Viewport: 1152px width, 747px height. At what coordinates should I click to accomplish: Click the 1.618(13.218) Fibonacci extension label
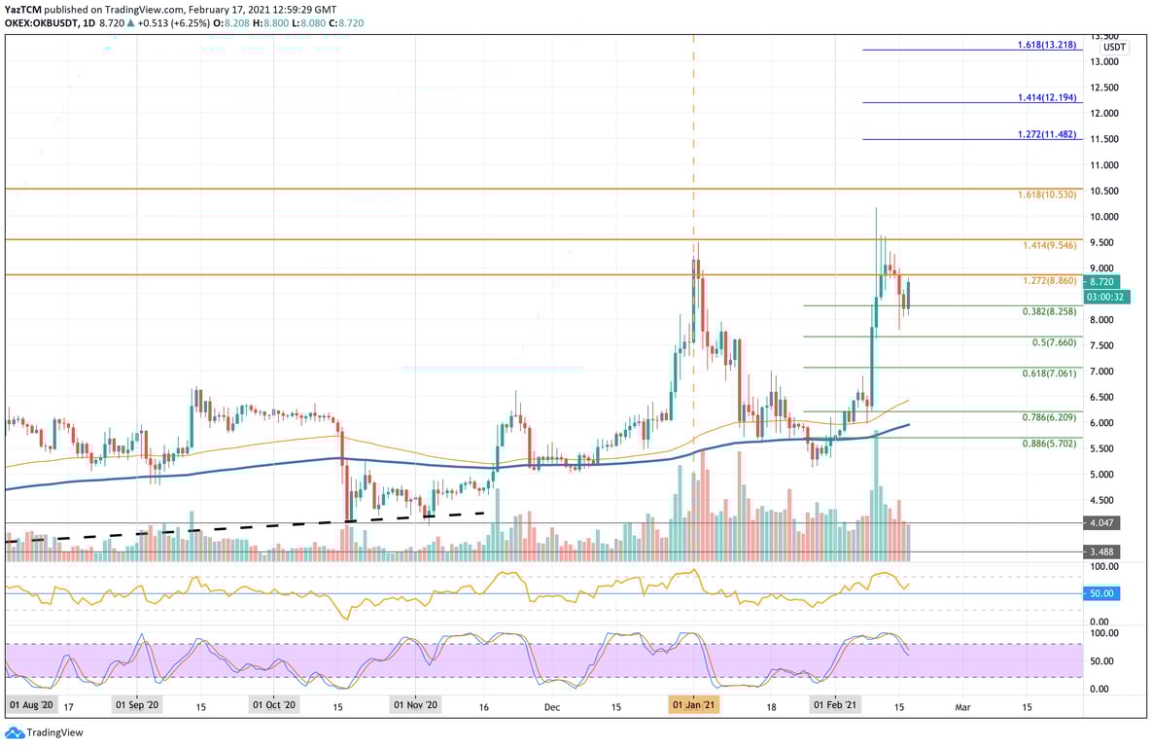click(x=1047, y=45)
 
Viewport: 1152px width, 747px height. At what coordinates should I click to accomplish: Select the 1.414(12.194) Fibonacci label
click(x=1047, y=98)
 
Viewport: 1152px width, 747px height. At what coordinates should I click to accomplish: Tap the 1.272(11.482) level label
click(x=1047, y=134)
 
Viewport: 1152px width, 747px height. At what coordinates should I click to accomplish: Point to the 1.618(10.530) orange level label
click(x=1047, y=195)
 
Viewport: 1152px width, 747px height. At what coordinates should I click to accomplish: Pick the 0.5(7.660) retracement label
click(x=1054, y=343)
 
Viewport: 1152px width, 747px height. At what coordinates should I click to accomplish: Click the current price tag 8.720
click(x=1103, y=281)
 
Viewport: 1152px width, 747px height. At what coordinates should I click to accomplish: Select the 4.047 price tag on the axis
click(x=1102, y=522)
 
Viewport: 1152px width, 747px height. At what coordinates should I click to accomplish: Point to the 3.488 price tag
click(x=1102, y=551)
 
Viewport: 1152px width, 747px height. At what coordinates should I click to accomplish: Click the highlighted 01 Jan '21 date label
click(x=693, y=704)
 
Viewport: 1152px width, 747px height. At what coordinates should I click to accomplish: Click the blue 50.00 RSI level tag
click(x=1102, y=593)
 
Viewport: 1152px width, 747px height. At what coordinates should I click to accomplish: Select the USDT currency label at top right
click(x=1114, y=47)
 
